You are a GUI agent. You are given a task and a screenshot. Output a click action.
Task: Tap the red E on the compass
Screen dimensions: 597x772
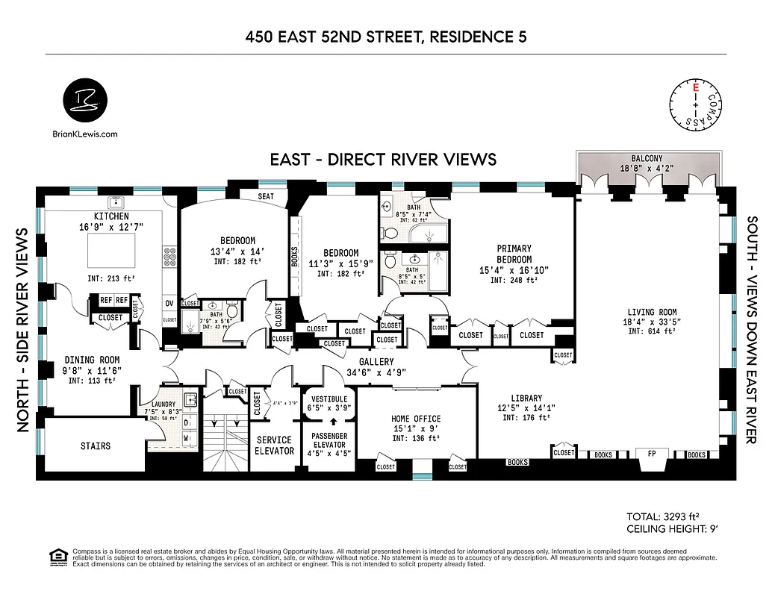coord(696,88)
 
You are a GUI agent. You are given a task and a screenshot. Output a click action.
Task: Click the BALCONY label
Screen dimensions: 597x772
coord(647,159)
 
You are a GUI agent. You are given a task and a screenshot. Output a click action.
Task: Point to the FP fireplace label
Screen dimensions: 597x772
coord(649,454)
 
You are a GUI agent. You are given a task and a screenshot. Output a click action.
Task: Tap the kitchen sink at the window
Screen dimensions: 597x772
coord(116,202)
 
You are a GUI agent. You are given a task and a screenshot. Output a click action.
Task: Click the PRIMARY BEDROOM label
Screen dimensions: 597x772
coord(514,254)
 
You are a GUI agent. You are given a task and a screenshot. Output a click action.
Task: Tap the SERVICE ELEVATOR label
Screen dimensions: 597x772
coord(274,445)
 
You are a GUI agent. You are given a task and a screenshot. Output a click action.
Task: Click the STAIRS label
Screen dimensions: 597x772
coord(95,446)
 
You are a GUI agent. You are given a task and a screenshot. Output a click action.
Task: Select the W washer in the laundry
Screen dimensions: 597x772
coord(186,440)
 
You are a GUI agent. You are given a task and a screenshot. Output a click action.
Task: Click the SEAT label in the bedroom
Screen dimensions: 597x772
coord(266,196)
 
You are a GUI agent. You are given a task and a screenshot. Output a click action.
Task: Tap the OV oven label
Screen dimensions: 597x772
coord(169,303)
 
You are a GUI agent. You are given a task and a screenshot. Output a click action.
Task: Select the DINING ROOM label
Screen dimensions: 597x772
coord(93,360)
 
